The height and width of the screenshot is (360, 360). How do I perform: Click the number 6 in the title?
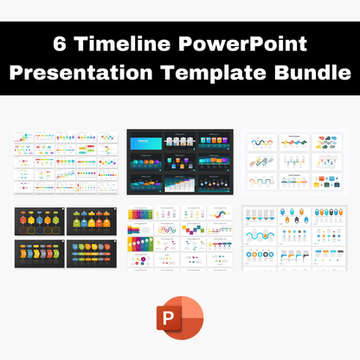pyautogui.click(x=60, y=43)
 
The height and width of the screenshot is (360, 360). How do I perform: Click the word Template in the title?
pyautogui.click(x=223, y=73)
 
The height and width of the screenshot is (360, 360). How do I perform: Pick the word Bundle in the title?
pyautogui.click(x=314, y=73)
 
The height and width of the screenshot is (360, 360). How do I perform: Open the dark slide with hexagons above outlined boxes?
pyautogui.click(x=40, y=223)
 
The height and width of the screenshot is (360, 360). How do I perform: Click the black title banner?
pyautogui.click(x=180, y=57)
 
